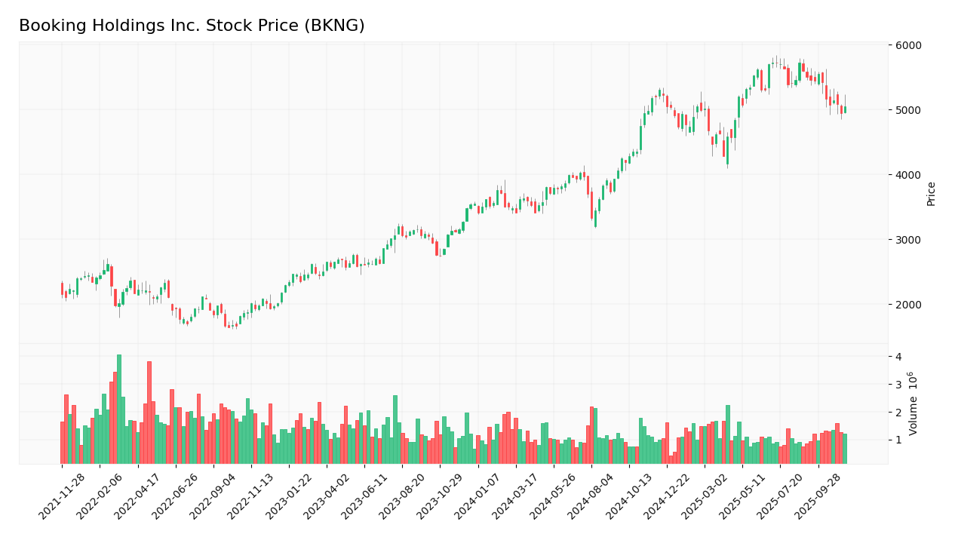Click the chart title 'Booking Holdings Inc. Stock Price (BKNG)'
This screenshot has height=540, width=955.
click(x=192, y=26)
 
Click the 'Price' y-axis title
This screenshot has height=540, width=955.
click(x=931, y=194)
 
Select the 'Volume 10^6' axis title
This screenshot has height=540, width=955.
click(x=913, y=403)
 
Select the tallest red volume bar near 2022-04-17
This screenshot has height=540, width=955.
click(x=149, y=413)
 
